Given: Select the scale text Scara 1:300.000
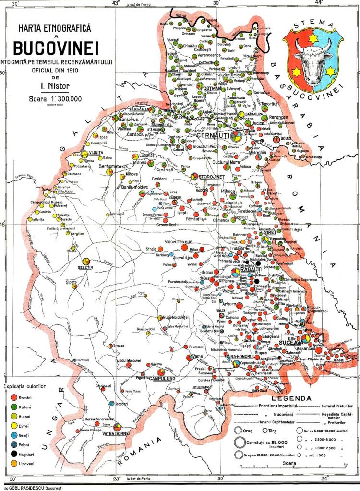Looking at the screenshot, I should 56,99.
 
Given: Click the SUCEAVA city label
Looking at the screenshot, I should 292,344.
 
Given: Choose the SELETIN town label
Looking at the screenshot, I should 84,266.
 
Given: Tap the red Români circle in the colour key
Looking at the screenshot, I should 11,398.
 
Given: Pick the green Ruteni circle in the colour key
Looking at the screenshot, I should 11,407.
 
